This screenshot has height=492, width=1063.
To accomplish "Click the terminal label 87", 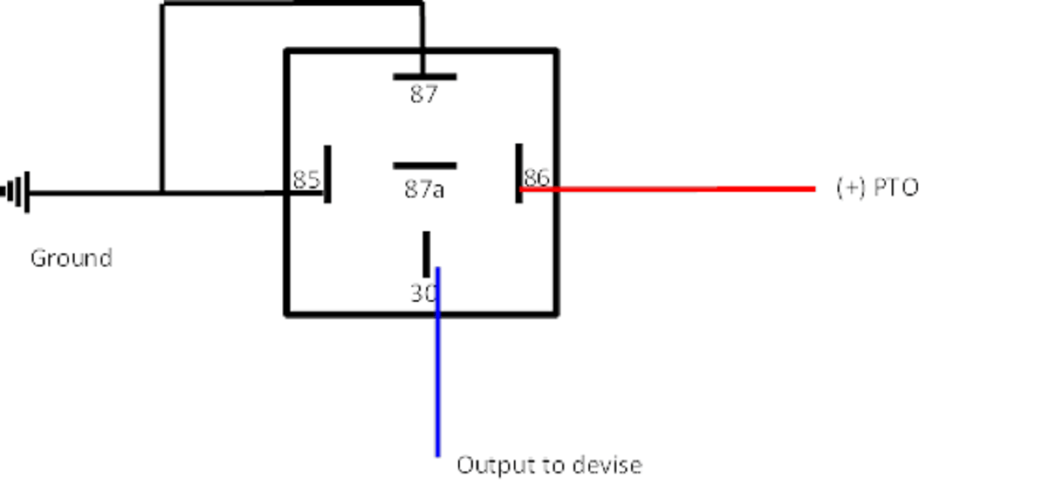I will pos(424,95).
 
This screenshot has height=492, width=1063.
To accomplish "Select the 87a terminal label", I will pos(424,190).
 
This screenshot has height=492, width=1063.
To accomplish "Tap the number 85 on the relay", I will pos(306,180).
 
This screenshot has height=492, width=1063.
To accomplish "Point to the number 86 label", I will pos(537,177).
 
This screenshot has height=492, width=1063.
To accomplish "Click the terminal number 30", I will pos(423,293).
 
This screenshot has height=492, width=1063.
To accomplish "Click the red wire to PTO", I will pos(672,189).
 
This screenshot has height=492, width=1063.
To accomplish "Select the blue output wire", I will pos(438,377).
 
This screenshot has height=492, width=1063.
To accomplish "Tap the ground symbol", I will pos(17,193).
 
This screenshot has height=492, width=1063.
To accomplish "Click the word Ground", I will pos(71,258).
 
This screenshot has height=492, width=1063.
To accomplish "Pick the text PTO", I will pos(897,188).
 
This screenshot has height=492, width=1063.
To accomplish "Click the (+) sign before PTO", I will pos(852,188).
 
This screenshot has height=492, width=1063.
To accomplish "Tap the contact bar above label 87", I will pos(425,77).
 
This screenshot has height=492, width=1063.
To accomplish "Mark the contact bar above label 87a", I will pos(425,166).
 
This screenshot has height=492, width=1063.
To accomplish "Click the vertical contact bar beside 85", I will pos(328,174).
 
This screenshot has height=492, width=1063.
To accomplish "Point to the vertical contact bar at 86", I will pos(519,172).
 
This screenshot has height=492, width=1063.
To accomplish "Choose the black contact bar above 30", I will pos(426,254).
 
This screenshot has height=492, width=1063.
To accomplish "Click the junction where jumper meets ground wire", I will pos(162,194).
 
